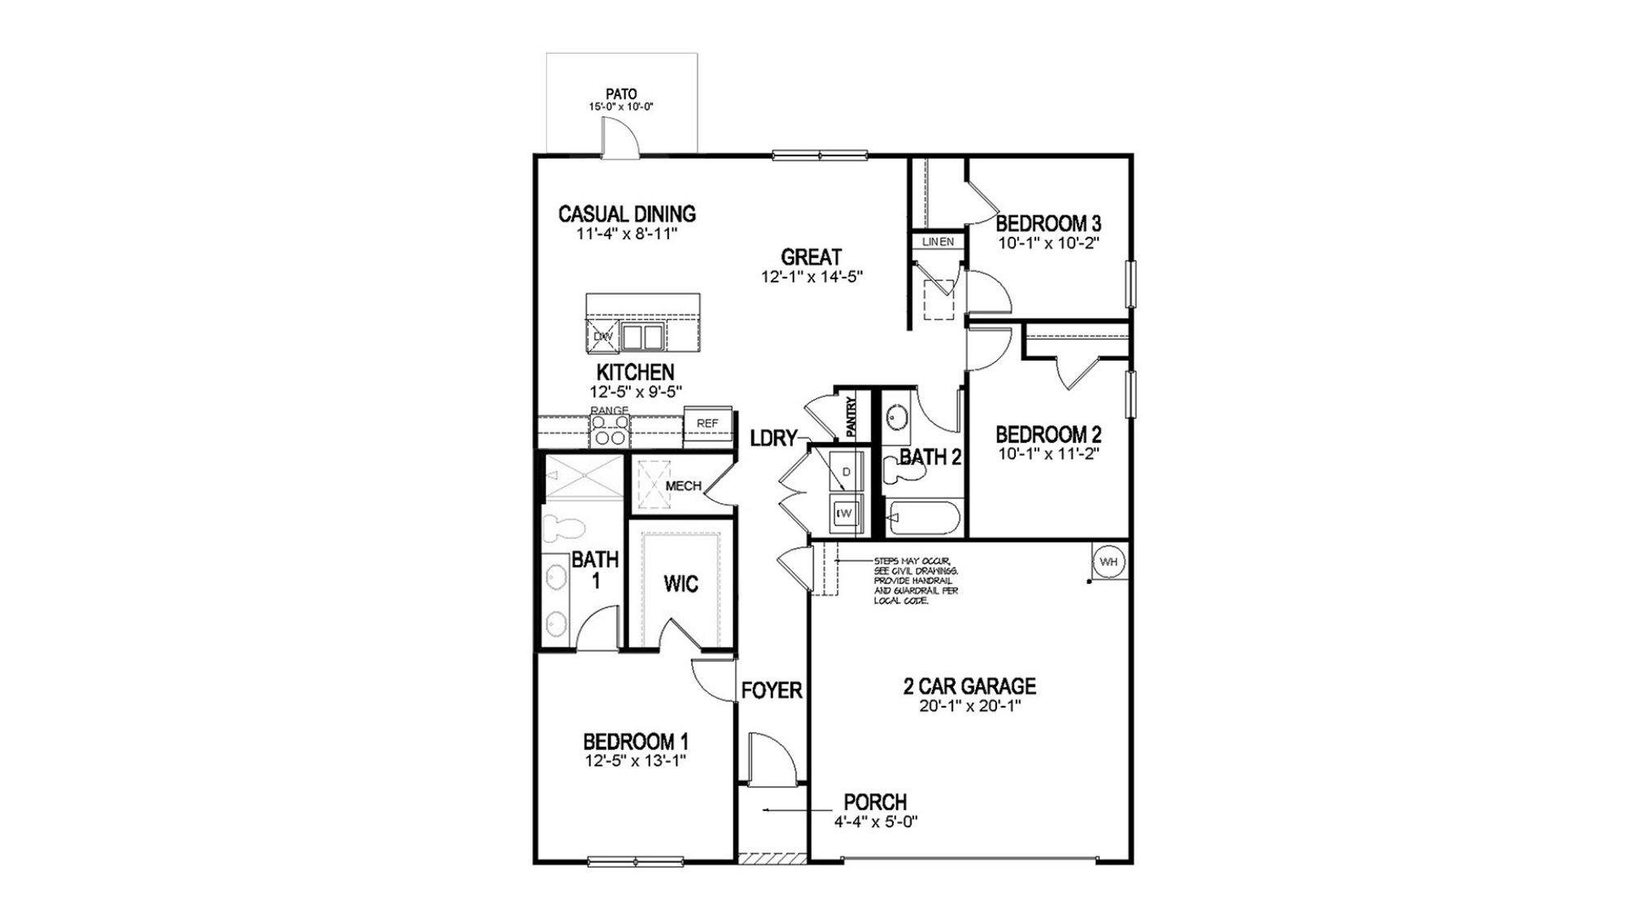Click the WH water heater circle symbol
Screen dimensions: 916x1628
tap(1109, 562)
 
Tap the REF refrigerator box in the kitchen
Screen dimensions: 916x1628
tap(707, 423)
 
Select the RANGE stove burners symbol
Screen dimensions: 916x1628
tap(610, 430)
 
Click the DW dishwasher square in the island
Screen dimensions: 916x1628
tap(603, 335)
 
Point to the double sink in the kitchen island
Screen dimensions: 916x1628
tap(642, 335)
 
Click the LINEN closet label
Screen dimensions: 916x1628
tap(937, 242)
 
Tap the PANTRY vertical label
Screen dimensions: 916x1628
tap(851, 417)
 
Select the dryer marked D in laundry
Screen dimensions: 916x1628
tap(846, 472)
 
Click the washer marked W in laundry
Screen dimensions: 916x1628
tap(846, 513)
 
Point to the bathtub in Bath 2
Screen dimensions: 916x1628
tap(925, 519)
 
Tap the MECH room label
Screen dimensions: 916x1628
tap(683, 486)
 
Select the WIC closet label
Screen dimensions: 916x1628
tap(681, 584)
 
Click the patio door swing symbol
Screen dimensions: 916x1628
tap(615, 135)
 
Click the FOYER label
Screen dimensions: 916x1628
tap(772, 690)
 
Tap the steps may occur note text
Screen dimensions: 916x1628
tap(915, 581)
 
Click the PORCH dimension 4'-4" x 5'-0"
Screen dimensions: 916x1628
tap(876, 822)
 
